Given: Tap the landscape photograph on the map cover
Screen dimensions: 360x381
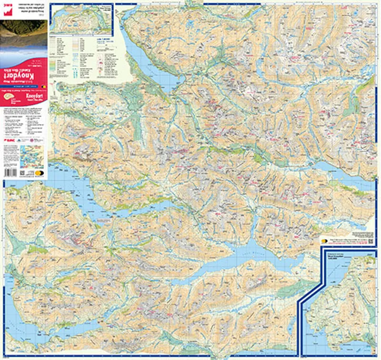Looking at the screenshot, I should (24, 36).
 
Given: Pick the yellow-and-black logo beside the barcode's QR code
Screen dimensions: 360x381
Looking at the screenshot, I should (38, 173).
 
